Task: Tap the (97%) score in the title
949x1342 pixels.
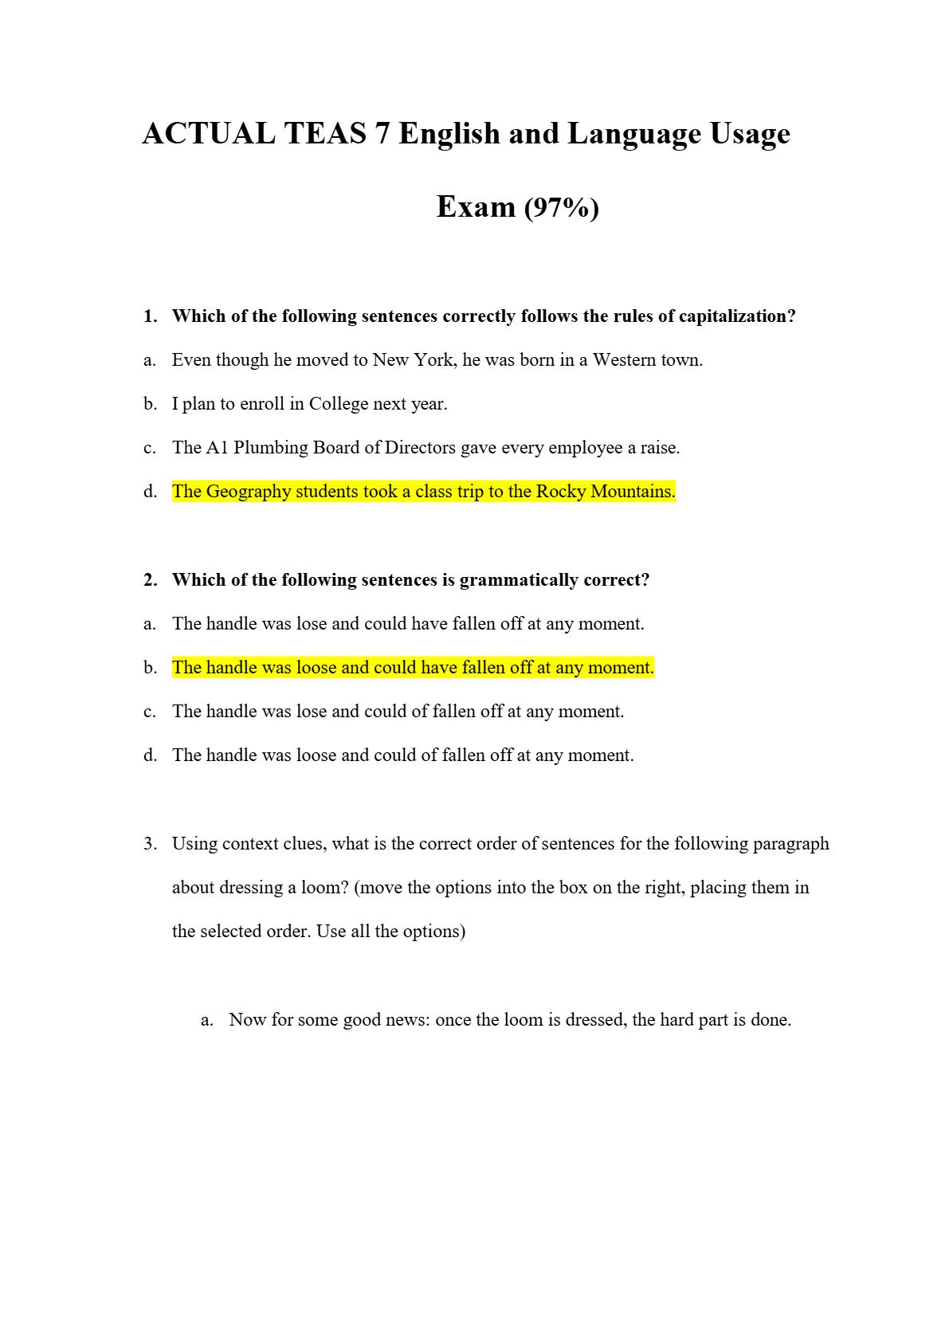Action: click(562, 208)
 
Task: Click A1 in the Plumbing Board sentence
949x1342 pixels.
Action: click(218, 448)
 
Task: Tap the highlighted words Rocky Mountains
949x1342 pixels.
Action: click(605, 492)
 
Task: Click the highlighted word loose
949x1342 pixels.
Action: click(316, 668)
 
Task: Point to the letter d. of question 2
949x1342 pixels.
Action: click(151, 755)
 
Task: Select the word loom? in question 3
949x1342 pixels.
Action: click(324, 888)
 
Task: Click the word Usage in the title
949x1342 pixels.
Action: click(749, 134)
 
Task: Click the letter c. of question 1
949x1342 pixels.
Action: click(150, 448)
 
